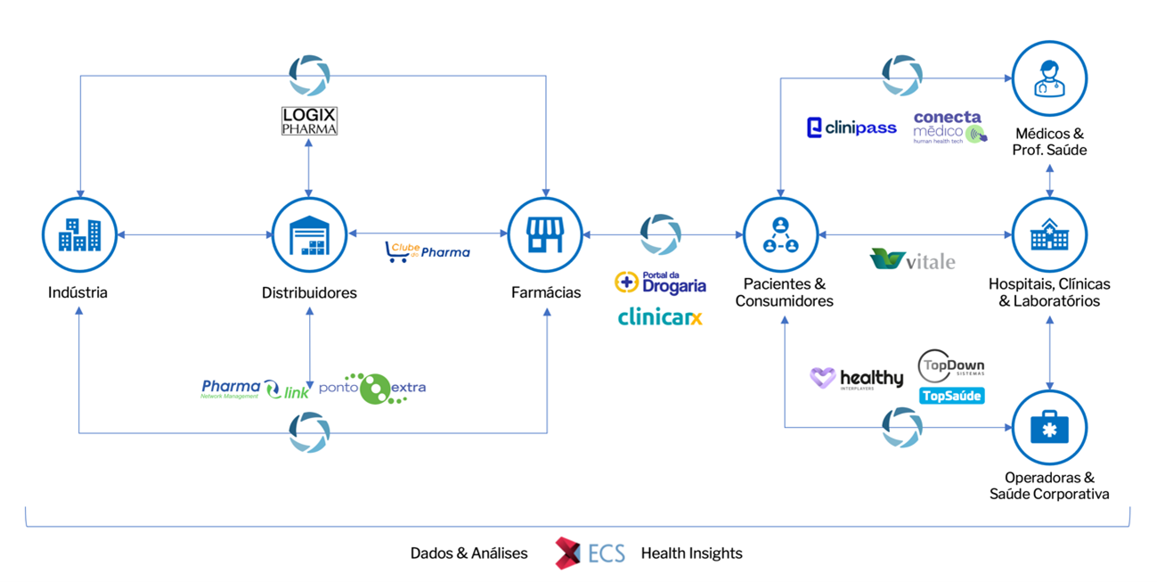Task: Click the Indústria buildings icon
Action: [79, 235]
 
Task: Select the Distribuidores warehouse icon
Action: [308, 235]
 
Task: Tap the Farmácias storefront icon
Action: [545, 235]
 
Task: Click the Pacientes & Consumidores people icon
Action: [780, 235]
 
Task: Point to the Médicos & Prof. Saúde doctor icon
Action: [1049, 78]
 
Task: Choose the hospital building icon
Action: [1049, 235]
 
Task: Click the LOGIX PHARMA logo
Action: [309, 121]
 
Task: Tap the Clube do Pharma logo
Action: [428, 252]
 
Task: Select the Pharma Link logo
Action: [255, 389]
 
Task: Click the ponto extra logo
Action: [372, 389]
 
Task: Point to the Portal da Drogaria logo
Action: [661, 283]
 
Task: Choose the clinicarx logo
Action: [660, 317]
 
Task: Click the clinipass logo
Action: [851, 128]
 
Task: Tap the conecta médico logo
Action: [949, 127]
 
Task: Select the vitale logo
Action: [912, 260]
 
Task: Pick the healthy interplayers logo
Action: [856, 379]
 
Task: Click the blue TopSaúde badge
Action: [951, 396]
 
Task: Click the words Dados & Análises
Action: [469, 553]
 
